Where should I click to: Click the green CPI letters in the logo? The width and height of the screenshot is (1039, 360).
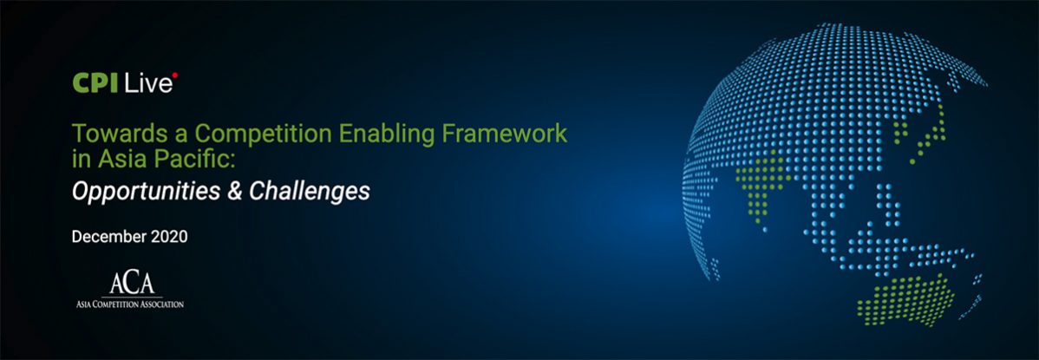coord(95,83)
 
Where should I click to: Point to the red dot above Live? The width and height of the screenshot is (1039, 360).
coord(175,75)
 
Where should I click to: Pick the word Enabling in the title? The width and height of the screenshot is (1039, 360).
coord(386,134)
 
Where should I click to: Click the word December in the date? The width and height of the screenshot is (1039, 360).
coord(109,237)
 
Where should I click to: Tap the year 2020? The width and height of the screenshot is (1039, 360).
coord(170,237)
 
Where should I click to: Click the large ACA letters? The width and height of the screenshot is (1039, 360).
coord(132,283)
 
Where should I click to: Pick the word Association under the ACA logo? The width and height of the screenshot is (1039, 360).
coord(161,304)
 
